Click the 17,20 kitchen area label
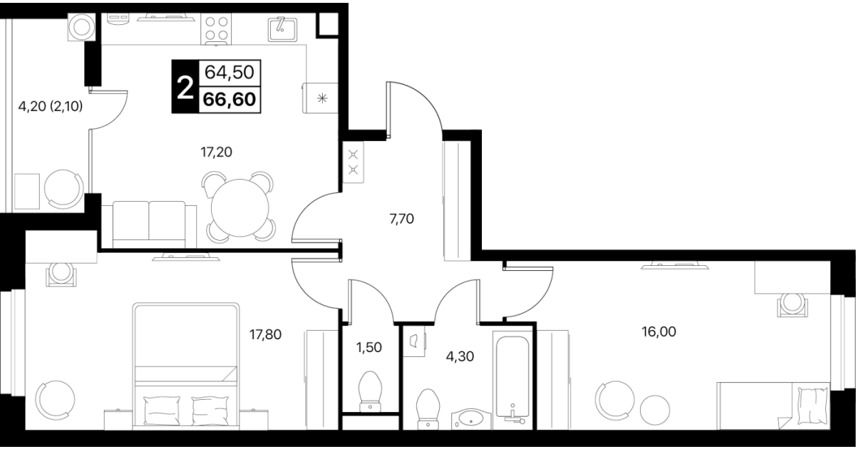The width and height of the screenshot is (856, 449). point(216,153)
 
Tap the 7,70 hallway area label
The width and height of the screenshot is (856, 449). point(402,219)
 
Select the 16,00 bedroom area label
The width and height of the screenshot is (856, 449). point(659,331)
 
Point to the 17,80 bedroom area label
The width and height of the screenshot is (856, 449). point(266,335)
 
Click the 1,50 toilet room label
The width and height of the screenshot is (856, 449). point(368,347)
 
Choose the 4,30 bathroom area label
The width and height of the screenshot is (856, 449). point(460,356)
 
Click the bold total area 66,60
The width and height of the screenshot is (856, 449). point(230,100)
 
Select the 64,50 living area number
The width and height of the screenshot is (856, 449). point(230,72)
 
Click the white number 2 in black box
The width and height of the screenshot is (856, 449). point(185,87)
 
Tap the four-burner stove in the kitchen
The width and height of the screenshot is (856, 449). point(216,29)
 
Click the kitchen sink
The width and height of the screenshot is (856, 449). point(283,29)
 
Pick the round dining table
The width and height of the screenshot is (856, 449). point(240,208)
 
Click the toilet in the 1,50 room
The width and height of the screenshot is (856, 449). point(371,391)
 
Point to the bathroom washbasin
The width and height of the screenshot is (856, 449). point(471,420)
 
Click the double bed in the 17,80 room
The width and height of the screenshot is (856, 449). point(186,366)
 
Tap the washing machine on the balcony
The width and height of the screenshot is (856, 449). point(81,27)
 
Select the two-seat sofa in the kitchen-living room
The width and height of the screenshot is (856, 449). point(149,224)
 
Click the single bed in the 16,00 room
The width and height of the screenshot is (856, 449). point(773,406)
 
